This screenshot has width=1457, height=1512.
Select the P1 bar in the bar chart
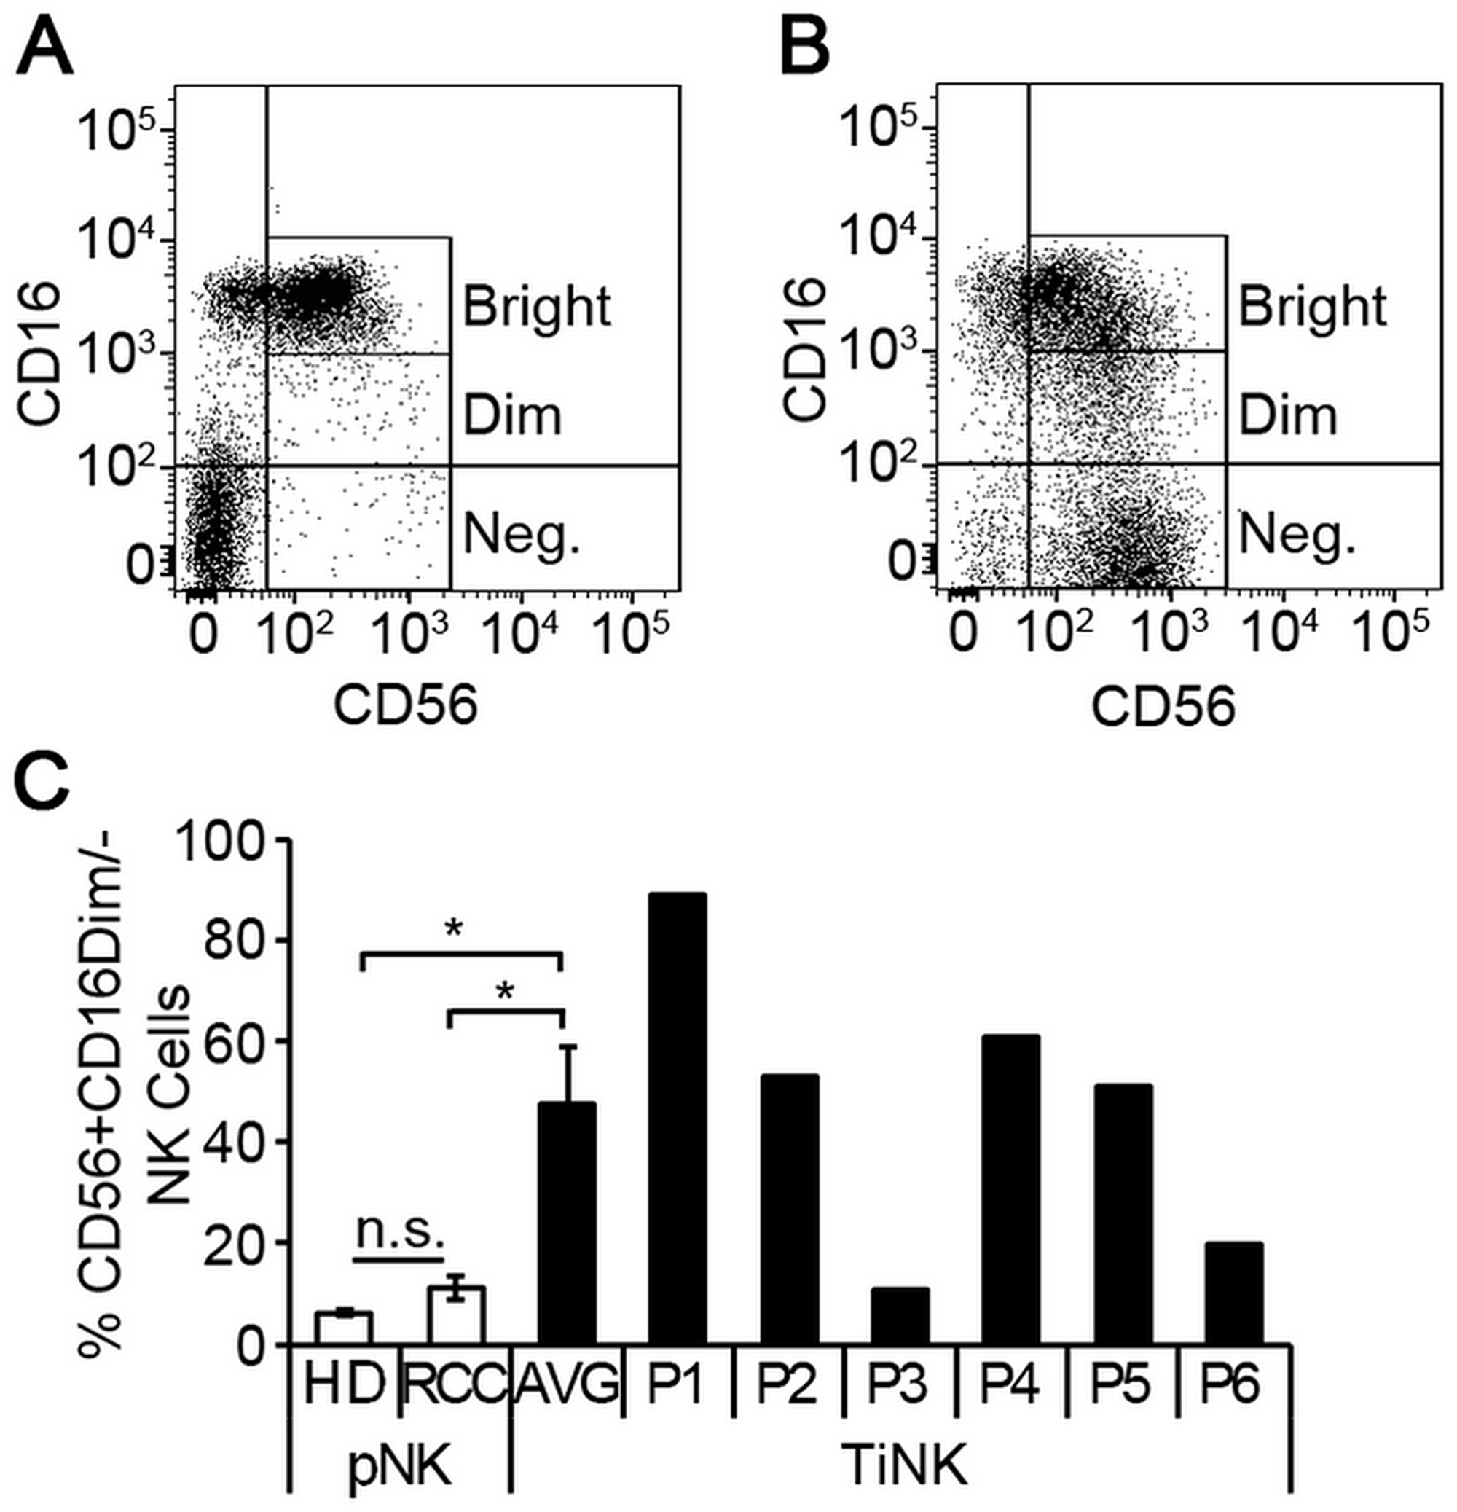tap(677, 1119)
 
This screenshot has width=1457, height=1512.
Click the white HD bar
tap(344, 1328)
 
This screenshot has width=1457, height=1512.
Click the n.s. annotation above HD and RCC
tap(400, 1234)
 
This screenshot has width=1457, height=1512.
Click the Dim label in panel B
tap(1287, 417)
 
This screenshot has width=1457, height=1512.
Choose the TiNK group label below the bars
tap(904, 1465)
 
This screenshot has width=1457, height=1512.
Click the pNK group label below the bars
tap(399, 1465)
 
